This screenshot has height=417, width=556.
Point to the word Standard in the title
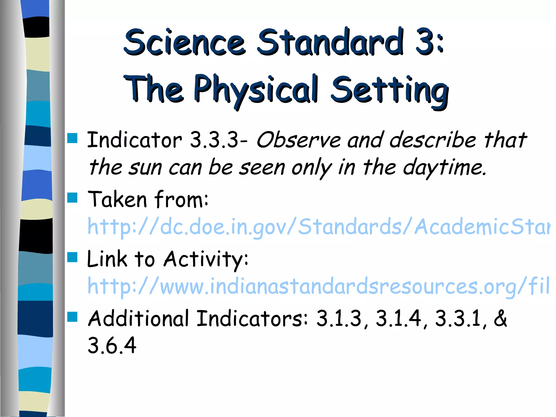pyautogui.click(x=330, y=42)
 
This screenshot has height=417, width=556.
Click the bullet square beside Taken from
pyautogui.click(x=72, y=198)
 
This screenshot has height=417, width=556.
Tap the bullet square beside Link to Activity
pyautogui.click(x=72, y=257)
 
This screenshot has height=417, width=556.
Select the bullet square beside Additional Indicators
pyautogui.click(x=72, y=317)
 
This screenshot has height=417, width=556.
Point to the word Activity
pyautogui.click(x=206, y=259)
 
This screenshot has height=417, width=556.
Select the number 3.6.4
pyautogui.click(x=112, y=346)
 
